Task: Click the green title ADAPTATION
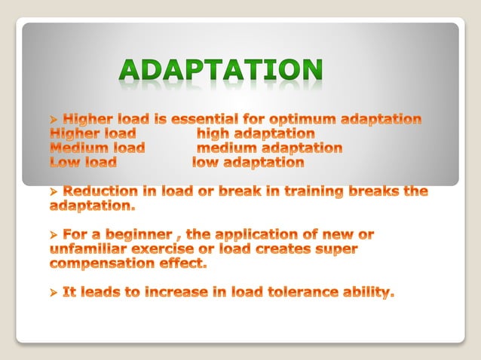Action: pos(221,72)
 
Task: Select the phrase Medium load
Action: pos(97,148)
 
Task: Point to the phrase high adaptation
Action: pos(256,133)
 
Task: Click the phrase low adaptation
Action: pos(248,162)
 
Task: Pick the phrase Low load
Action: pos(83,162)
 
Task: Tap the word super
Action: pos(335,249)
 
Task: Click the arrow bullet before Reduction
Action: pos(54,191)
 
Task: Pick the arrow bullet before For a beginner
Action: pos(54,235)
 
